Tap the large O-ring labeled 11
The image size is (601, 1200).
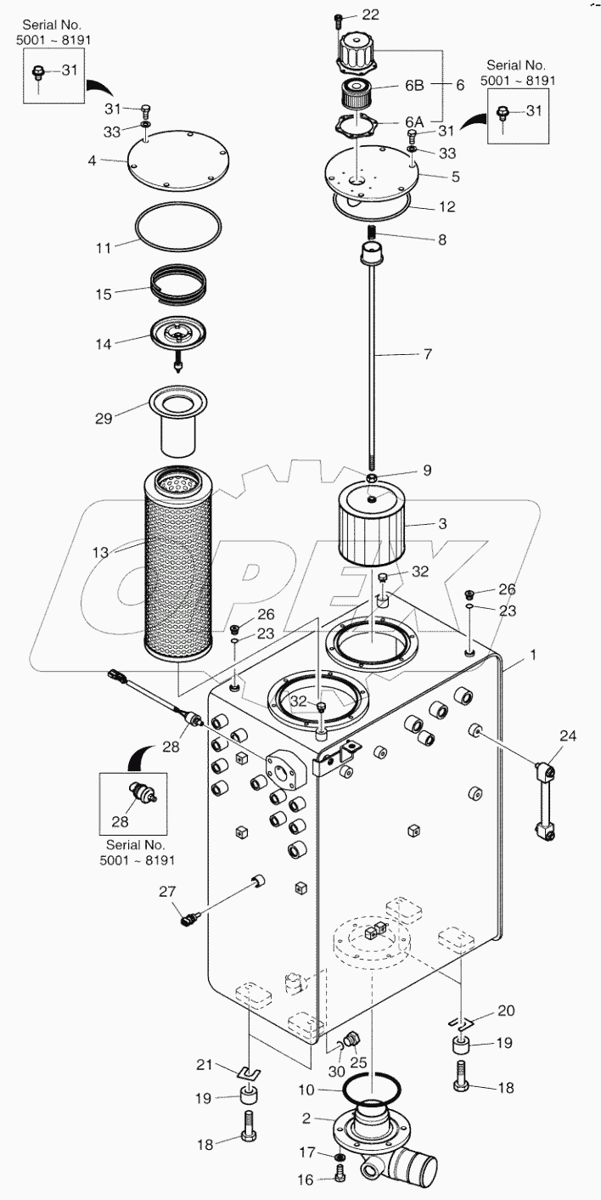tap(179, 227)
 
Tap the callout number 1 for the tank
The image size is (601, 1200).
tap(508, 656)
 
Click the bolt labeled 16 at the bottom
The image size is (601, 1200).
tap(340, 1175)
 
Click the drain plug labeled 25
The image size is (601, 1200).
tap(354, 1039)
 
